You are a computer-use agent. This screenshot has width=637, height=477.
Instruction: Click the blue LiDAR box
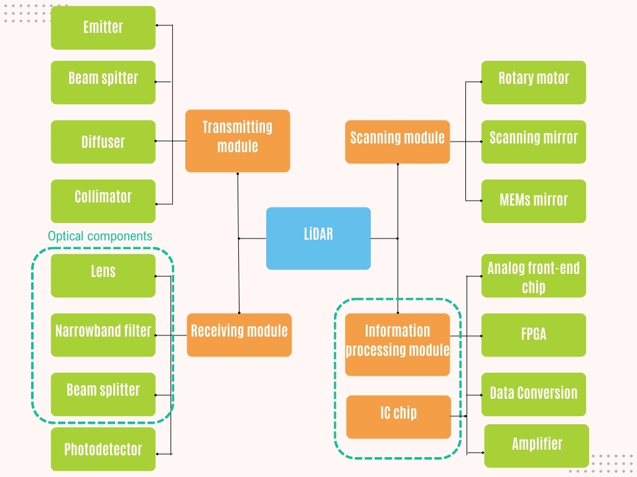pos(318,238)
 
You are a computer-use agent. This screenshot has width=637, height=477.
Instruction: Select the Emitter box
pos(103,28)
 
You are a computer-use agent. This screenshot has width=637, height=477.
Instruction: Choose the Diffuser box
pos(103,142)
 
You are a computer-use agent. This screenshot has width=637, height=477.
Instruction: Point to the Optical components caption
pos(100,236)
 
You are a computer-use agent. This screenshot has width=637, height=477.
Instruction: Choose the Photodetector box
pos(103,448)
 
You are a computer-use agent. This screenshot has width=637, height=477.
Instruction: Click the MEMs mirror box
pos(533,201)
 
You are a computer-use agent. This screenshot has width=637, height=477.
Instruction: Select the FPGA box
pos(533,335)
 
